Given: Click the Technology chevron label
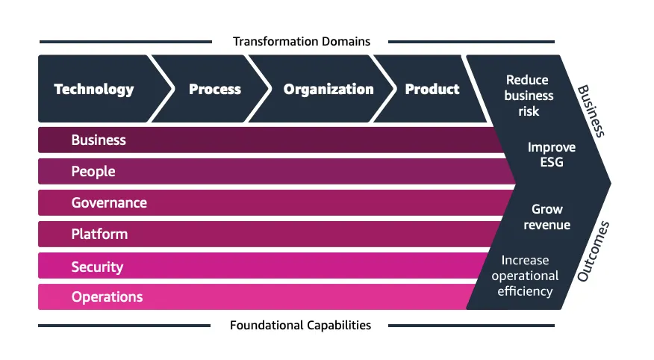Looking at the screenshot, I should click(94, 90).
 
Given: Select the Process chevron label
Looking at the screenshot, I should click(215, 90).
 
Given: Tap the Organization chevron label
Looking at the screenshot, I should click(328, 90).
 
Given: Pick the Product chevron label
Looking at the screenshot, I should click(432, 90).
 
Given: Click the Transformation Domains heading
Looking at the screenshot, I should click(302, 41).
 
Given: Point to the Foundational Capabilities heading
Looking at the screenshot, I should click(300, 325).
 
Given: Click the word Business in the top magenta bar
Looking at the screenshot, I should click(99, 140).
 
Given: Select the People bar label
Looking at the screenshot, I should click(93, 172).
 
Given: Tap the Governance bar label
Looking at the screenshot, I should click(109, 203).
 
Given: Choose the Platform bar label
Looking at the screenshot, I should click(99, 235).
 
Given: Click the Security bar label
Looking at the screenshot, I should click(97, 267).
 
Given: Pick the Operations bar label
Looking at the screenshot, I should click(107, 297).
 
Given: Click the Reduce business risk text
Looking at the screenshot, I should click(529, 96).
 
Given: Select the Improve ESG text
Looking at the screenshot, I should click(552, 155).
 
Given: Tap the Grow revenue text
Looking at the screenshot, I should click(547, 217).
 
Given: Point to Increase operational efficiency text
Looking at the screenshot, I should click(526, 276).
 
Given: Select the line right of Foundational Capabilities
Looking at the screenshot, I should click(471, 326).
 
